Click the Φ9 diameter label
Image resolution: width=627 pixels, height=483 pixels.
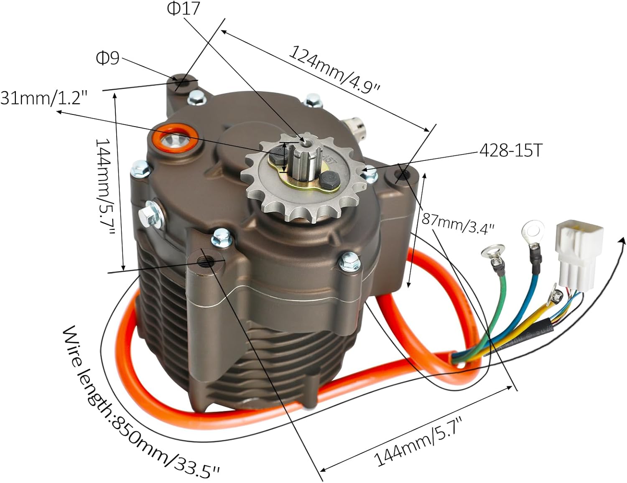coord(108,58)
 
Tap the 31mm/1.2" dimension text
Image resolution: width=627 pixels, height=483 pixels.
coord(44,99)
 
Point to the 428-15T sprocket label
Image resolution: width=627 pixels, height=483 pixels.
coord(510,150)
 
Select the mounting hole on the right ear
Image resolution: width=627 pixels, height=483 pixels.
coord(402,175)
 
